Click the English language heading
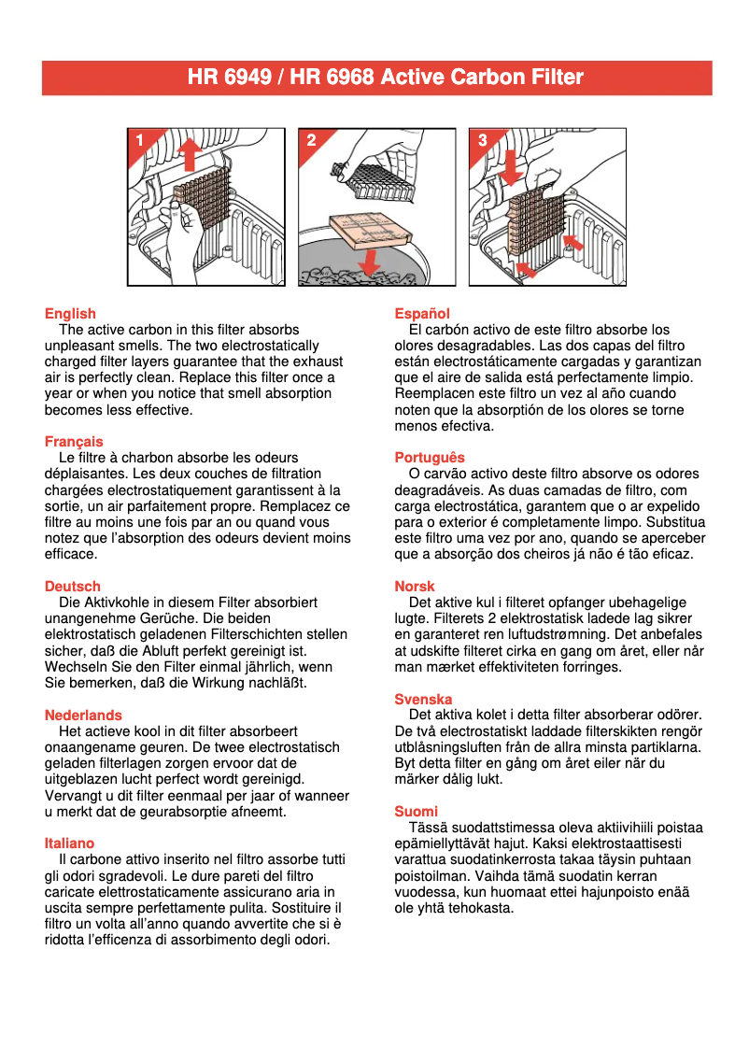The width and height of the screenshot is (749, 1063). (70, 314)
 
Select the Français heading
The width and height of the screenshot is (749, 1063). (74, 442)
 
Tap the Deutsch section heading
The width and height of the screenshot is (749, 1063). (72, 587)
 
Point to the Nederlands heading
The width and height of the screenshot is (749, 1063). (83, 716)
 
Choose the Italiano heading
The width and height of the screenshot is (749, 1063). (69, 843)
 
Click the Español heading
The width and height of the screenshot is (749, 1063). (422, 314)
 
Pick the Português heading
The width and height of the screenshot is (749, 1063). (430, 458)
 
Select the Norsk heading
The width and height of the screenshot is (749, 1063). (415, 587)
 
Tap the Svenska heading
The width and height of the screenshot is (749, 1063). (423, 700)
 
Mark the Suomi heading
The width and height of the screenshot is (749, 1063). (416, 812)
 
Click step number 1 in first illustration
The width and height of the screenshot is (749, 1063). (139, 141)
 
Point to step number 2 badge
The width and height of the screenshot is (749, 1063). (311, 141)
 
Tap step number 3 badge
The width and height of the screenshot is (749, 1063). (482, 141)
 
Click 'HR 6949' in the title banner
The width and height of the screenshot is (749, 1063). (228, 78)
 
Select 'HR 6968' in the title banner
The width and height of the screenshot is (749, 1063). (330, 78)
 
